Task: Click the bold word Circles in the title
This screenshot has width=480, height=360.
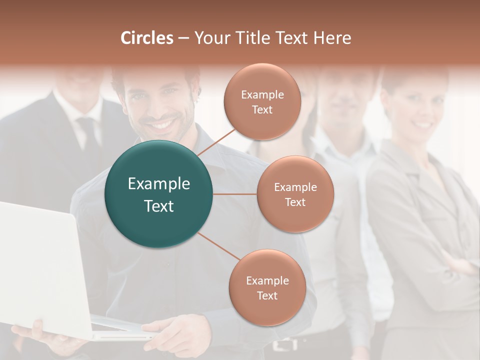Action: pyautogui.click(x=147, y=38)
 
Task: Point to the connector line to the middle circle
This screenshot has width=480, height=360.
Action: pyautogui.click(x=235, y=194)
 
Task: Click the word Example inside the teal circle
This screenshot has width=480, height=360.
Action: pyautogui.click(x=159, y=184)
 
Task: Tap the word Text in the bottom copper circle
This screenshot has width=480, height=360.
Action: pyautogui.click(x=267, y=295)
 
